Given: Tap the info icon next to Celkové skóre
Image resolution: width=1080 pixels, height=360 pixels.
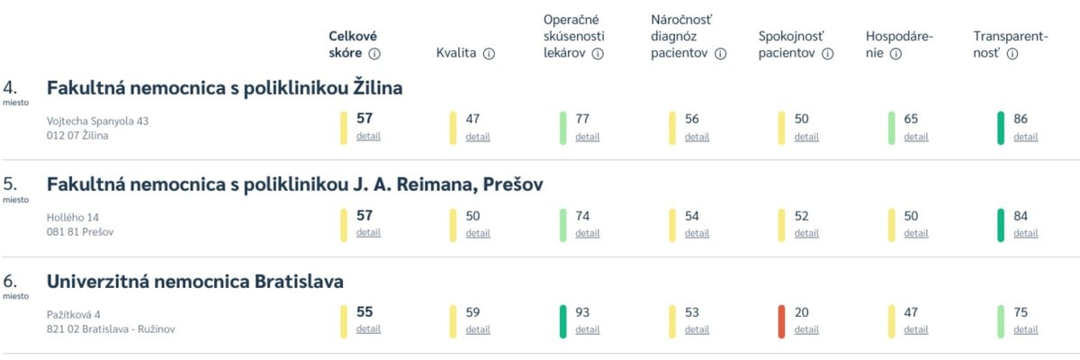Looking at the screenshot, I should (x=374, y=53).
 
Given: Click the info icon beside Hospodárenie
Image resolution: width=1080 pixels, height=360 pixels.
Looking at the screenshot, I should (x=895, y=53).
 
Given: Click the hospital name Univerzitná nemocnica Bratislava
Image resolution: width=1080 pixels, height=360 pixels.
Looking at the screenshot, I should (x=194, y=282).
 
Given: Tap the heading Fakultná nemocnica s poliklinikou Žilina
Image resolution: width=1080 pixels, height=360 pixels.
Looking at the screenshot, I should (x=224, y=87).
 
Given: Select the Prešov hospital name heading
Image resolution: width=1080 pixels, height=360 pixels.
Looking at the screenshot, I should (x=294, y=184).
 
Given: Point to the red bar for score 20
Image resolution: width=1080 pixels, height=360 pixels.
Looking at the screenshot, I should (x=781, y=321).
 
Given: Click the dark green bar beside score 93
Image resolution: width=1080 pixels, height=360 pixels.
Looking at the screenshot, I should (x=562, y=321).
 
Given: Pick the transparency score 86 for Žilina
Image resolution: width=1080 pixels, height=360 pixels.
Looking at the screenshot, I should (x=1021, y=119).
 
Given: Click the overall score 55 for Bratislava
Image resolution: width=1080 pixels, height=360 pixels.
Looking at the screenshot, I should (x=364, y=312).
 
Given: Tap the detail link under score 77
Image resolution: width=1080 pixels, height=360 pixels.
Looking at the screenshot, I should (x=587, y=137).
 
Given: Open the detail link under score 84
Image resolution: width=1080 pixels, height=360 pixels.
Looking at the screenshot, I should (x=1025, y=233).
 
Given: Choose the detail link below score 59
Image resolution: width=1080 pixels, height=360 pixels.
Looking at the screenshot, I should (x=478, y=329).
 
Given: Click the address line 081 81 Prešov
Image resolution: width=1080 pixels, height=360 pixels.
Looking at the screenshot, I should (x=80, y=232).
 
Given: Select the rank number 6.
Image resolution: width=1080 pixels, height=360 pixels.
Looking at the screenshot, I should (x=11, y=282).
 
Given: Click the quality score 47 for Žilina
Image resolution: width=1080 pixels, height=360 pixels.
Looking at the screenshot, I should (x=473, y=119).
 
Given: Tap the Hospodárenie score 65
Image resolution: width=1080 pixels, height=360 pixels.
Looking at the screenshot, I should (x=912, y=119).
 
